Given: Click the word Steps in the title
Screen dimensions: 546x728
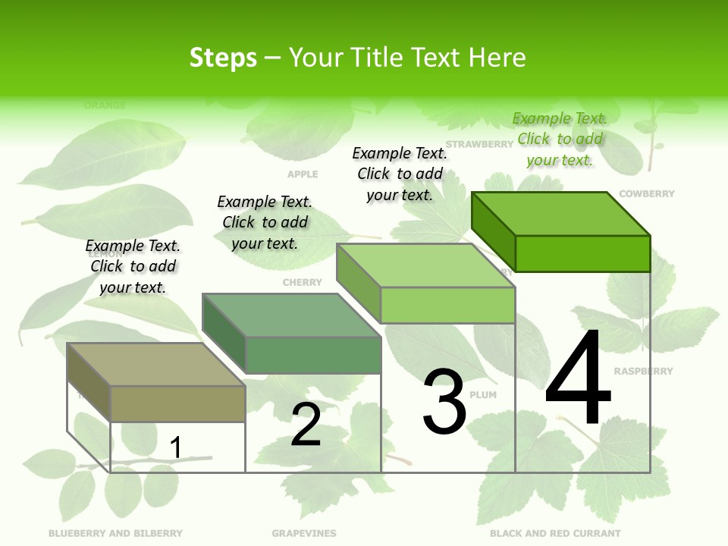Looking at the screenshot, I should pos(223,58).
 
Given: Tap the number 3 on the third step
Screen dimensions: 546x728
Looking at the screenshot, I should pos(444,402).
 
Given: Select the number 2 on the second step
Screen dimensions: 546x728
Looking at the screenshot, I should pos(306,425).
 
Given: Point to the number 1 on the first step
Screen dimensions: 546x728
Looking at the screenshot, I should pos(175,447).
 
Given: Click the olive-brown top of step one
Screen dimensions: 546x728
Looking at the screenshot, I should pos(155,365).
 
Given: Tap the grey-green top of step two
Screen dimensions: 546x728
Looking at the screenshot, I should pos(291,315).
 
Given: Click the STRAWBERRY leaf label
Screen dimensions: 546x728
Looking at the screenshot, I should pos(479,144).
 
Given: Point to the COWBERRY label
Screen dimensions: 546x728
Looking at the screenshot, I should pos(646,194).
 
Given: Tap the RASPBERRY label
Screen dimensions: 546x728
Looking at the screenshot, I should pos(643,372).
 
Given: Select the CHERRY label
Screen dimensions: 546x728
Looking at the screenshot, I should pos(302,283).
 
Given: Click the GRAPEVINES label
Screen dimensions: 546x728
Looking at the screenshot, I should pos(303,534).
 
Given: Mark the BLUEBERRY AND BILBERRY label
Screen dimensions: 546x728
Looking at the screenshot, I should pos(115,534).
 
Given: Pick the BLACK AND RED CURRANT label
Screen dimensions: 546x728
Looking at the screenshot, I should pos(555,534).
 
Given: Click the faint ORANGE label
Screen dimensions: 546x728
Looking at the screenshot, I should pos(105,105).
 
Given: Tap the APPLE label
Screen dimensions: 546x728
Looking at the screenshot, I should pos(303,174).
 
